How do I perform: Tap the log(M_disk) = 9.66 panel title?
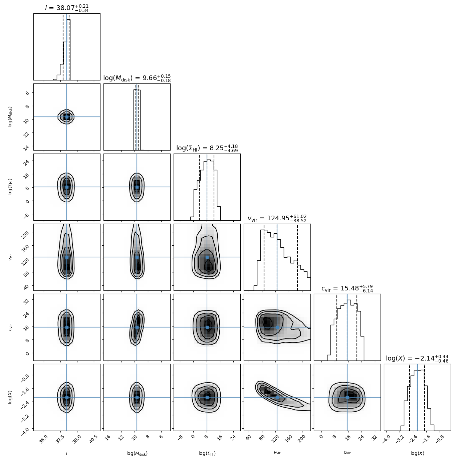[x=137, y=78]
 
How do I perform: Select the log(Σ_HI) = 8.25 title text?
[x=207, y=148]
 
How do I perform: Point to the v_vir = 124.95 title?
[x=277, y=218]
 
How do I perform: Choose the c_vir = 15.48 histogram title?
[x=347, y=288]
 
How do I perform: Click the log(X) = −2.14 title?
[x=417, y=359]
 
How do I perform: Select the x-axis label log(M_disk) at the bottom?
[x=137, y=453]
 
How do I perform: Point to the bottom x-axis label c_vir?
[x=347, y=453]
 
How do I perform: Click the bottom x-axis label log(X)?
[x=417, y=453]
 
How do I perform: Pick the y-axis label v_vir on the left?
[x=10, y=257]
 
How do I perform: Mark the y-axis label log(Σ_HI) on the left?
[x=10, y=187]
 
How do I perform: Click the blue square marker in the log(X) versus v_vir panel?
[x=277, y=397]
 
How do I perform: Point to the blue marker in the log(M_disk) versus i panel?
[x=67, y=117]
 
